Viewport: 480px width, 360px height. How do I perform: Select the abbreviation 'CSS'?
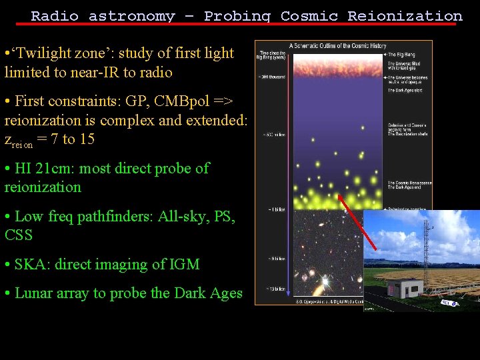point(19,235)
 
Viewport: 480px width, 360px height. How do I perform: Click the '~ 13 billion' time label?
point(273,289)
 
